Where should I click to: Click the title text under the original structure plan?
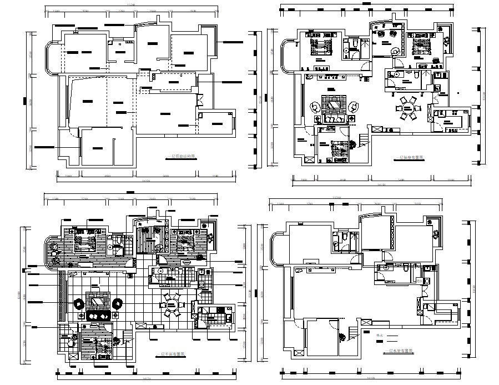pos(185,157)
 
